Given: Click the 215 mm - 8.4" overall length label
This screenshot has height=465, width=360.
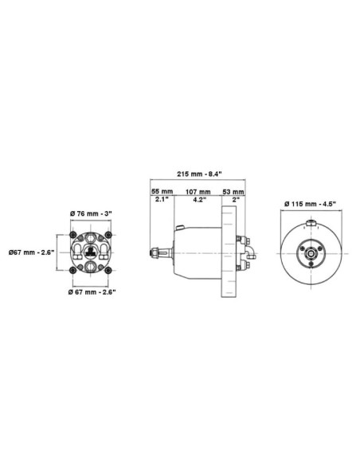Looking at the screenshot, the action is (x=199, y=174).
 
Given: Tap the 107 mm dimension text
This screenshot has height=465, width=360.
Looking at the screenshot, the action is (x=198, y=192).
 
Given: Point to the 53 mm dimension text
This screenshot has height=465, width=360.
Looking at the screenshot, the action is (x=233, y=192).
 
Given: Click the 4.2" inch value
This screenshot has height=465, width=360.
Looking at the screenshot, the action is (x=200, y=200).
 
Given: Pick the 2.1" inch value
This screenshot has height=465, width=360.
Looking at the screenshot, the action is (x=162, y=199).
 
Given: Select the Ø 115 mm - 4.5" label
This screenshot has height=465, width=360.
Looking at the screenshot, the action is (x=310, y=204).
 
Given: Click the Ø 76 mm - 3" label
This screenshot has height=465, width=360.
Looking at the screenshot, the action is (x=91, y=213).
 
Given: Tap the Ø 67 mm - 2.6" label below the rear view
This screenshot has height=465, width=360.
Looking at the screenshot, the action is (x=92, y=292).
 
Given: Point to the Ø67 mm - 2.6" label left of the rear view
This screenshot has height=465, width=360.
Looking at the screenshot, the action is (x=31, y=252).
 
